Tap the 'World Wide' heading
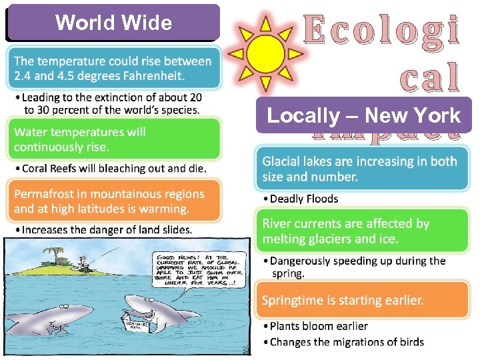pos(113,23)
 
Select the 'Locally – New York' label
pos(363,115)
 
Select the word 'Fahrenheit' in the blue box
pos(153,75)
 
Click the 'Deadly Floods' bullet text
pos(304,199)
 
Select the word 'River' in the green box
pos(277,224)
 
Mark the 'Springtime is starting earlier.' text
pos(343,300)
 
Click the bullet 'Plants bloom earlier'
pos(319,326)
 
